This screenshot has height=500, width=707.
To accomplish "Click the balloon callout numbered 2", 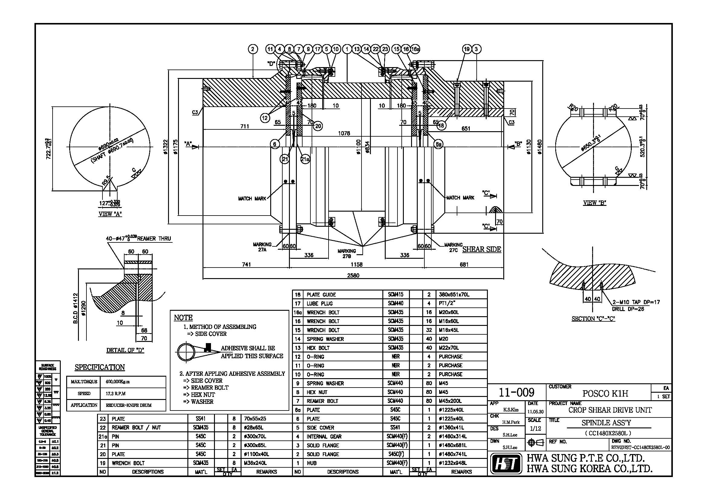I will [253, 49].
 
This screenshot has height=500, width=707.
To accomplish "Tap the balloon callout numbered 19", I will [467, 49].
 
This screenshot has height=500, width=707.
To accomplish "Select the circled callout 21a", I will [305, 159].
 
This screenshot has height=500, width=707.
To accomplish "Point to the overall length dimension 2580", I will [353, 276].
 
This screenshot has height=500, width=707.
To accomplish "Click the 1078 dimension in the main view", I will [344, 133].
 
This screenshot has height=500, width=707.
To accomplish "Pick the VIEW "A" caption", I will [110, 214].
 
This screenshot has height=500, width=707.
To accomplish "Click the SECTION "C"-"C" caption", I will [593, 319].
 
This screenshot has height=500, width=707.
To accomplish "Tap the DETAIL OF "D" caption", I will [125, 350].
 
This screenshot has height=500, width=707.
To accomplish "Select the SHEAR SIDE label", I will [482, 249].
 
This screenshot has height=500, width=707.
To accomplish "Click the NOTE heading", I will [183, 318].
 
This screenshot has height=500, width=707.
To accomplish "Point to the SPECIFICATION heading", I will [100, 367].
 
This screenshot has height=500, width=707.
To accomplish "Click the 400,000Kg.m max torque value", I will [118, 382].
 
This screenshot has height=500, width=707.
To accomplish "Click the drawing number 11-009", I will [516, 393].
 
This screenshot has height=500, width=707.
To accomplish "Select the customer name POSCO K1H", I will [605, 394].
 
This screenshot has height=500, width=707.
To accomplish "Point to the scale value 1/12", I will [535, 429].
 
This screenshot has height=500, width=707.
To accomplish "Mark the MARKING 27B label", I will [346, 253].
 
